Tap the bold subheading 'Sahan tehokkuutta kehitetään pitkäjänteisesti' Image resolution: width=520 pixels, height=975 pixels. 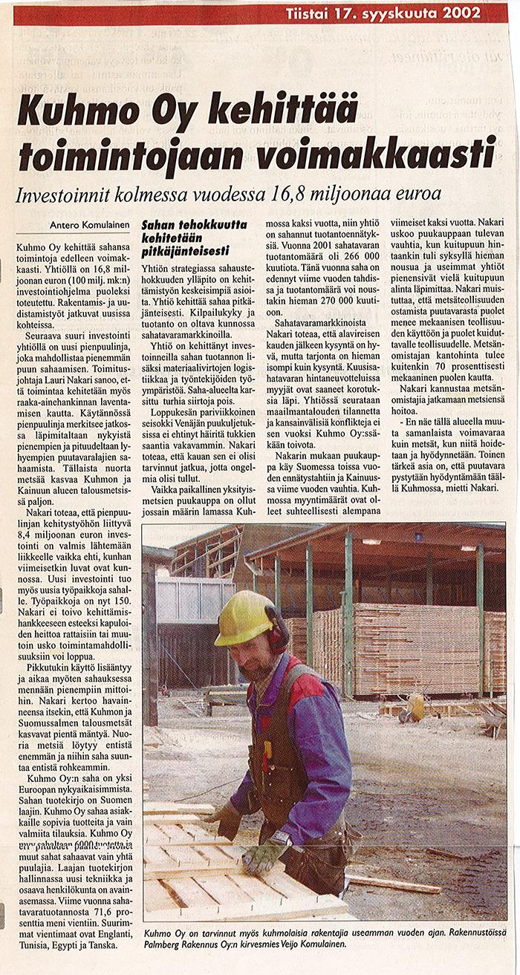pos(186,235)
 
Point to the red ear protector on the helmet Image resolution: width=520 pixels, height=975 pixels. pos(277,635)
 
